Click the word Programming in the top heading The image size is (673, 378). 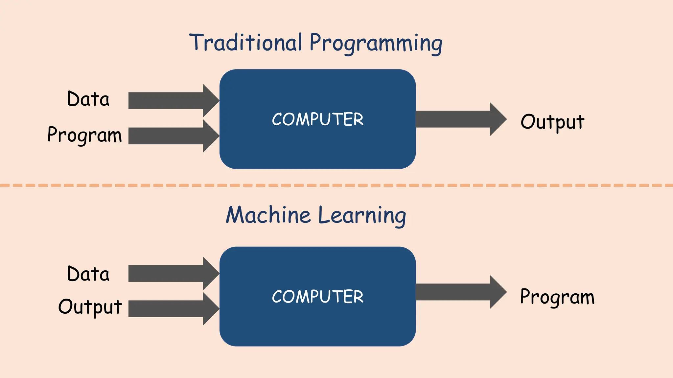pos(376,44)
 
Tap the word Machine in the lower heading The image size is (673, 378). pos(268,216)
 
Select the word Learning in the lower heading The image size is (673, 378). pos(362,216)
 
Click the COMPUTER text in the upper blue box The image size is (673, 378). pos(318,119)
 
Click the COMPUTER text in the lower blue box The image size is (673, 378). pos(318,297)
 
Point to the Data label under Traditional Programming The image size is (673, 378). pos(88,99)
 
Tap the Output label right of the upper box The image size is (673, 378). pos(552,122)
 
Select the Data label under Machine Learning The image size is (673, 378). pos(88,274)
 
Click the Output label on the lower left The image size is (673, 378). pos(90,307)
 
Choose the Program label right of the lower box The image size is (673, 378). pos(557,297)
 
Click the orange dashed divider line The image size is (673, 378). pos(336,185)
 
